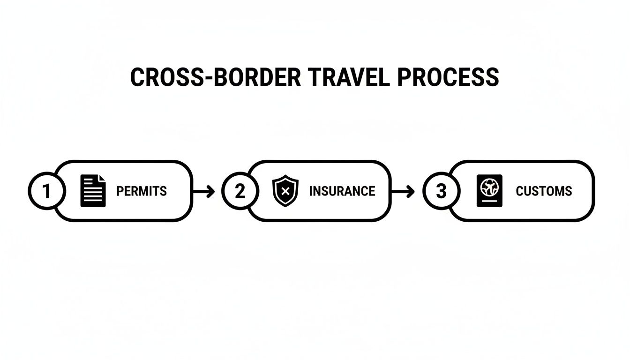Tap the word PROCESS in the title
448,77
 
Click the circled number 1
46,191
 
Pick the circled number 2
240,191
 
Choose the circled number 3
441,191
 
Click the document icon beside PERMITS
93,191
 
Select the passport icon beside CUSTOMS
489,191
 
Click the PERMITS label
141,191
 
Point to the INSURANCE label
342,191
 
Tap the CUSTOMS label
544,191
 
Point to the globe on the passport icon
489,186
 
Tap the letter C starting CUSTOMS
519,191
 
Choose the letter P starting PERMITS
119,191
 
